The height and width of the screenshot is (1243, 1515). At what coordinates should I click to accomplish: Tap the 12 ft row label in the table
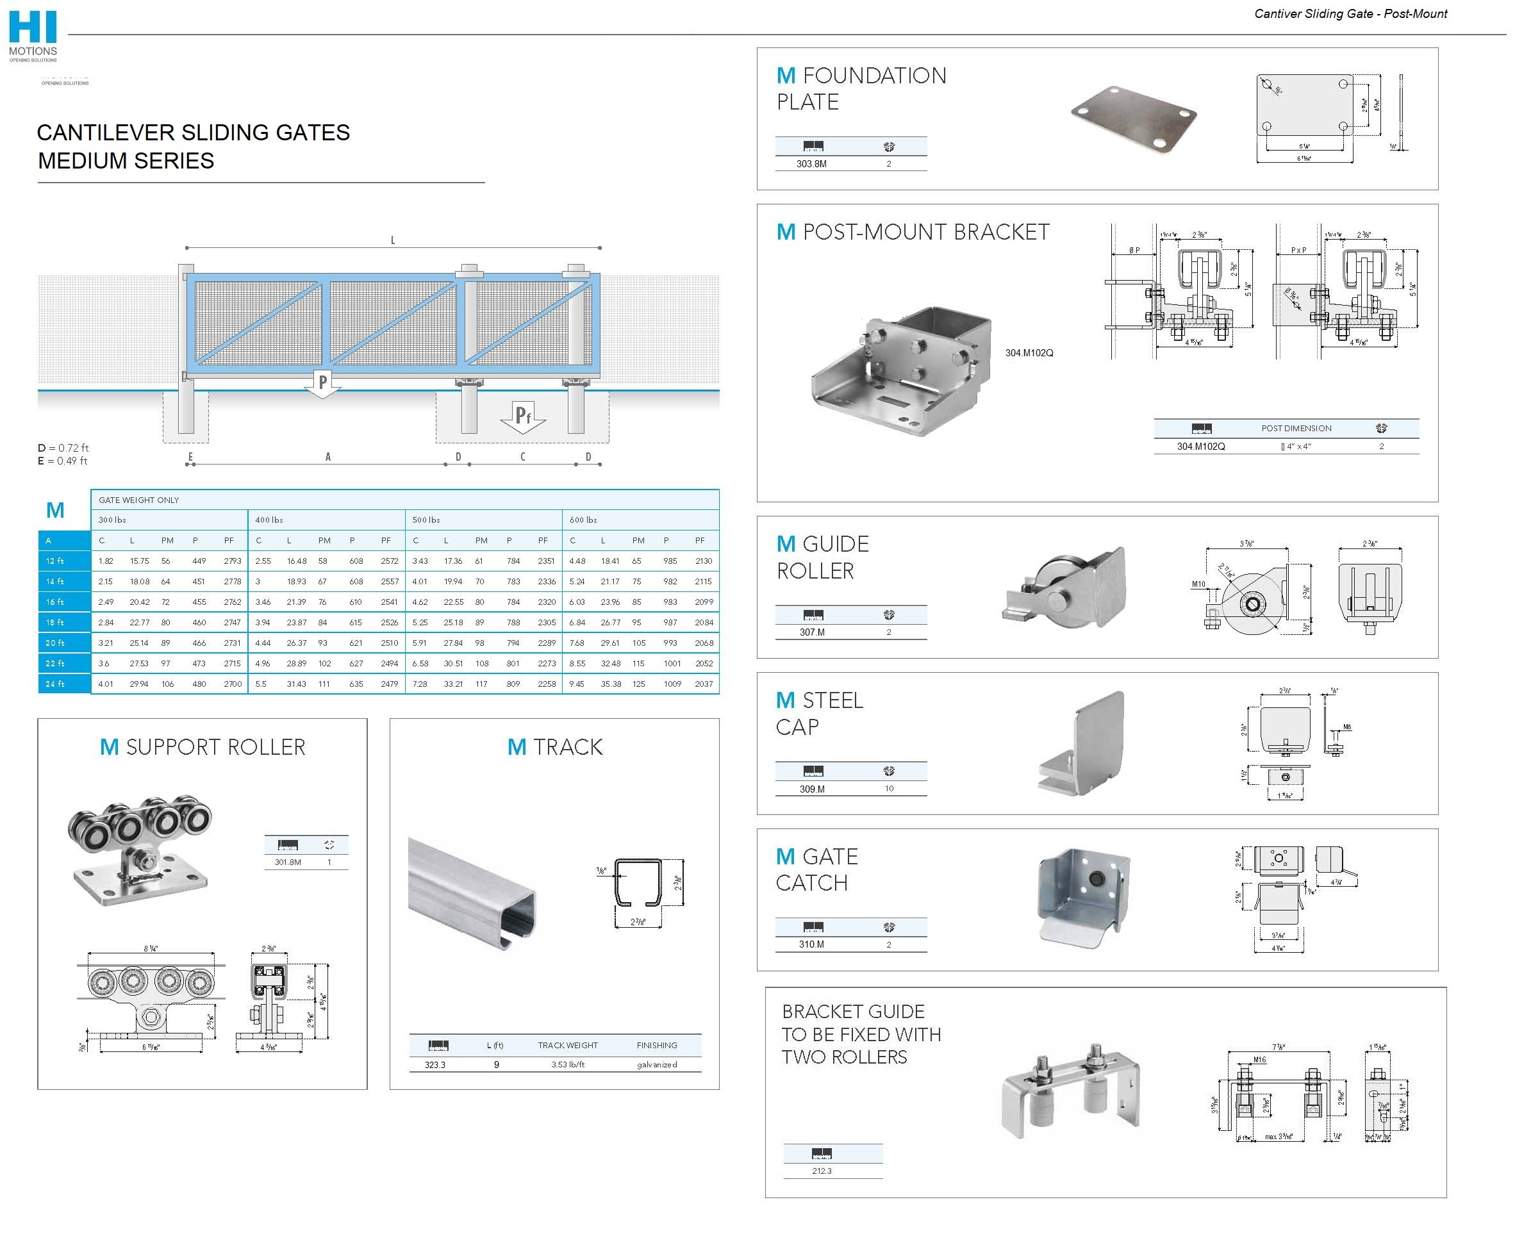coord(55,561)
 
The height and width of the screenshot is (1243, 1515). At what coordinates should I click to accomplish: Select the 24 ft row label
coord(55,684)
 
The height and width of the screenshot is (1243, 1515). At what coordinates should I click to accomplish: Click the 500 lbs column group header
coord(426,520)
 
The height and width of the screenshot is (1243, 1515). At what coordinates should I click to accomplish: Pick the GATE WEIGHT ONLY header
coord(139,500)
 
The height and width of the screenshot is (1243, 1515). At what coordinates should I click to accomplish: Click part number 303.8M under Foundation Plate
coord(811,164)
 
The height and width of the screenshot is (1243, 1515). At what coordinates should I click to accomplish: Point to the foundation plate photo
coord(1134,120)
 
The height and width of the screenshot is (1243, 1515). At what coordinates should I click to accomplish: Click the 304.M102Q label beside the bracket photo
coord(1029,353)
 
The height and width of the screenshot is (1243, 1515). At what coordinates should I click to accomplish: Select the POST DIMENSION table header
coord(1296,428)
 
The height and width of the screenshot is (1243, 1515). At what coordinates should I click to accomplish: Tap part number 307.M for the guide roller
coord(812,632)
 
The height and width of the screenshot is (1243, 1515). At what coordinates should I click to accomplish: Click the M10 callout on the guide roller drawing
coord(1198,584)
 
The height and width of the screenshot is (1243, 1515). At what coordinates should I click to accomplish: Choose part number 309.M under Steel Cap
coord(812,789)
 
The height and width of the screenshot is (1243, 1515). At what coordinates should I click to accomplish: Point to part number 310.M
coord(811,944)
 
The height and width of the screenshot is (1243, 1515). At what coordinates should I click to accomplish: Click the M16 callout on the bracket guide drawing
coord(1259,1060)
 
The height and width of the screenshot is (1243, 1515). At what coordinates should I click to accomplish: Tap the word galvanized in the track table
coord(656,1065)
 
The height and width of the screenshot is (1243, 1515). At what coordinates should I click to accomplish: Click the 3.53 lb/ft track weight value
coord(568,1065)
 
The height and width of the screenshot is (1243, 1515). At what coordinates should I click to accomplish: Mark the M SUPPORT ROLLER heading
coord(203,748)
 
